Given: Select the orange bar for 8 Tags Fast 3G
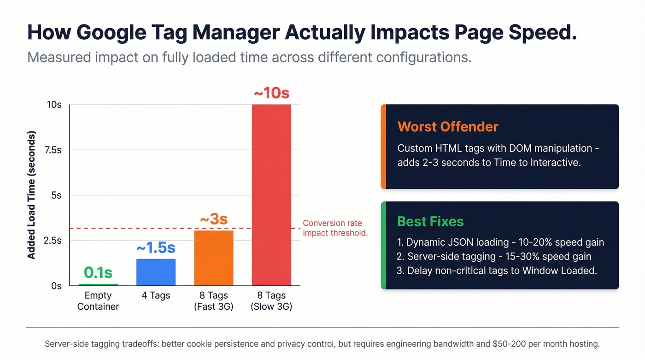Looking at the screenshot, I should tap(214, 258).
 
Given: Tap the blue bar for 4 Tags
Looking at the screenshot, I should tap(156, 272).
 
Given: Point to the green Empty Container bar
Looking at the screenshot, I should tap(98, 284).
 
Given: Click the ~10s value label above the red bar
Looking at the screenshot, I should tap(271, 93).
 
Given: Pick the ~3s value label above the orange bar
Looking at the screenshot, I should tap(214, 219).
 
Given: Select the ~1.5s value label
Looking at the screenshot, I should tap(156, 248).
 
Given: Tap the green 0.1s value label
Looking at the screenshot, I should tap(98, 272).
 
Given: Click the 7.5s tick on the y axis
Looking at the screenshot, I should tap(53, 150).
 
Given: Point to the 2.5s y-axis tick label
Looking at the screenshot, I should tap(53, 241).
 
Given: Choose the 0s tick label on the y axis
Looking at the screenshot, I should tap(56, 286).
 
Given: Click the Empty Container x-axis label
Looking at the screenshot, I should tap(98, 301).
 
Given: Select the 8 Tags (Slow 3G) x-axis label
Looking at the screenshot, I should tap(271, 301).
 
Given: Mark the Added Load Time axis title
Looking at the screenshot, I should tap(31, 195).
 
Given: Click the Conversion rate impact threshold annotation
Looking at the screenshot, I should tap(335, 228).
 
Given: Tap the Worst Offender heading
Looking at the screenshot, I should tap(448, 127).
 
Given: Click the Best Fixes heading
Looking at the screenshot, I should tap(430, 222).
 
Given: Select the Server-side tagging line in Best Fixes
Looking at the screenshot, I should tap(494, 256).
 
